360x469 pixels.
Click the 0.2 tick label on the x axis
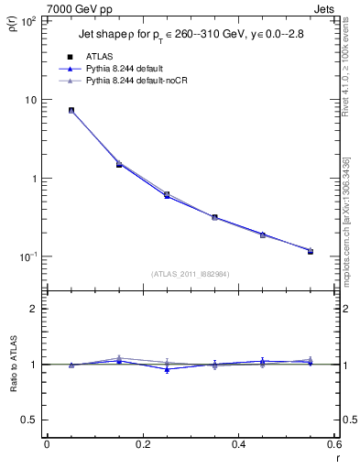142,445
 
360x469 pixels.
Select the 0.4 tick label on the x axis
238,445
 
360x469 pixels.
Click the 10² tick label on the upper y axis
28,21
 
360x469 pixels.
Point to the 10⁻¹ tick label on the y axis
28,256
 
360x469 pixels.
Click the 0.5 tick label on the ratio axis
30,420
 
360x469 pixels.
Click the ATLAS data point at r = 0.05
71,110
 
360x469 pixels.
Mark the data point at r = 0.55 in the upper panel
311,250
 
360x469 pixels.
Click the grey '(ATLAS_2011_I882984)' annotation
191,273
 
